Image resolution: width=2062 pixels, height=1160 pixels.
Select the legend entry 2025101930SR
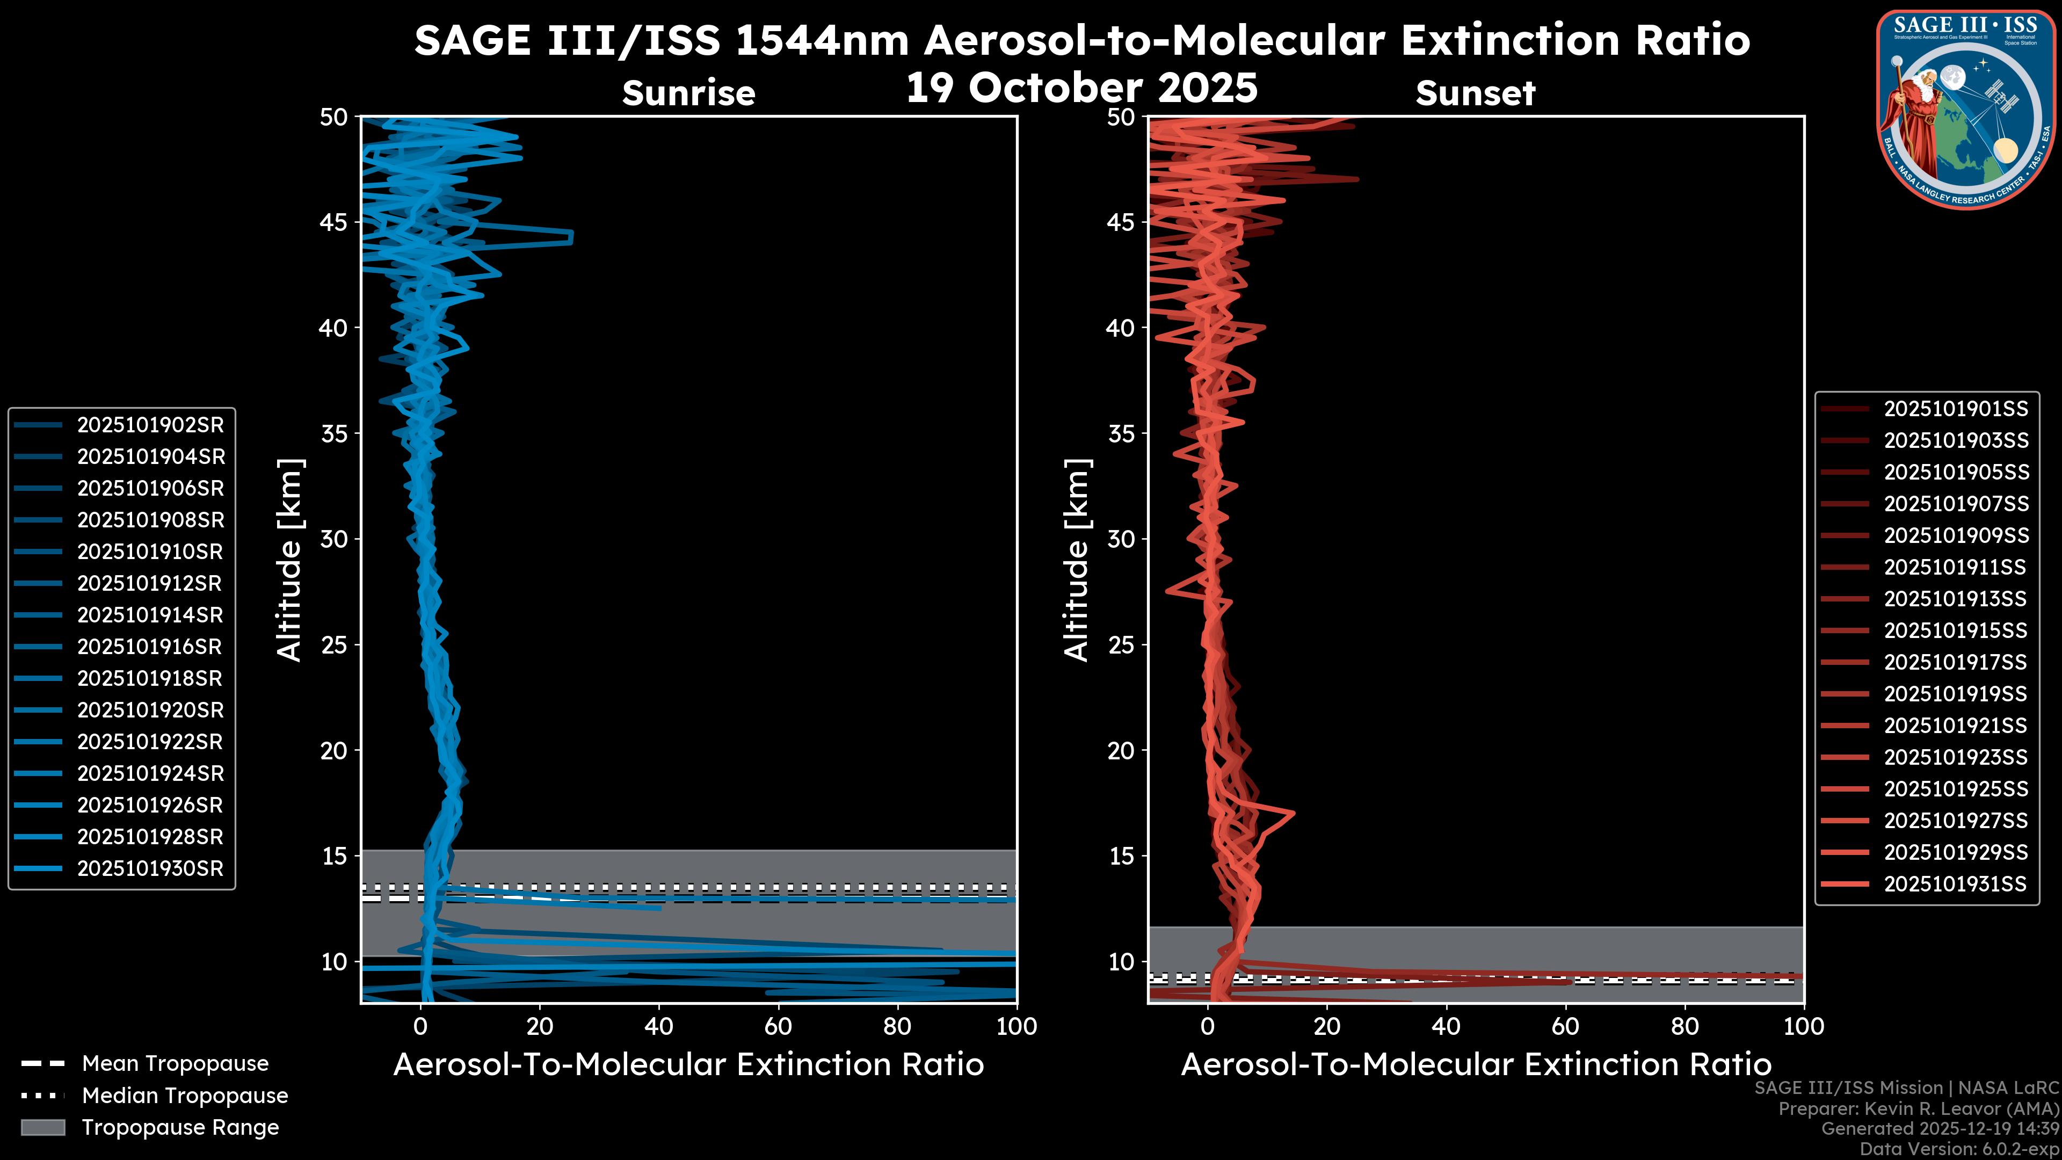[x=150, y=868]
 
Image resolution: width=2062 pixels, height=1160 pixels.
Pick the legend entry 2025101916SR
[x=150, y=647]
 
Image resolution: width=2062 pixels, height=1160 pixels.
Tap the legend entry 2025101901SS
[x=1956, y=409]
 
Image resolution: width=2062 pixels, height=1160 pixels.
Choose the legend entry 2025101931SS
[x=1956, y=884]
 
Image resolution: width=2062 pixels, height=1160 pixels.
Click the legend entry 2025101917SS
[x=1956, y=662]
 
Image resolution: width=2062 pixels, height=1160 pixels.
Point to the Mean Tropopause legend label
[x=175, y=1064]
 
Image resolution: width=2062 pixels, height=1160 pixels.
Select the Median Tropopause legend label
[x=185, y=1095]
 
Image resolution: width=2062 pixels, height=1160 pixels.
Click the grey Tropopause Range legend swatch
[x=42, y=1127]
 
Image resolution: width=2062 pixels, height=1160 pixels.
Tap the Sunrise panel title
[x=688, y=93]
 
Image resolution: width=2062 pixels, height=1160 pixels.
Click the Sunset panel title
[x=1475, y=93]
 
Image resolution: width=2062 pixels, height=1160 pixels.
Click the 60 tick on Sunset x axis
[x=1566, y=1026]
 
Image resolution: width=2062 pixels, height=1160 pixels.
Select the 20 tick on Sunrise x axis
[x=540, y=1026]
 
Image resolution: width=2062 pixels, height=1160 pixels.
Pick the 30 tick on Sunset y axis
[x=1121, y=539]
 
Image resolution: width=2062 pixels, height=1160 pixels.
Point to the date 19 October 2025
[x=1081, y=87]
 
